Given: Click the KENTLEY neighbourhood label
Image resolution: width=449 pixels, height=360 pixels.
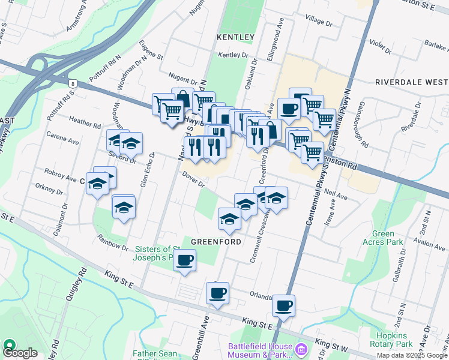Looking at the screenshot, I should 236,37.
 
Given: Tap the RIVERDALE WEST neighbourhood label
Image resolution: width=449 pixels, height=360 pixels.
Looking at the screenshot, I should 411,82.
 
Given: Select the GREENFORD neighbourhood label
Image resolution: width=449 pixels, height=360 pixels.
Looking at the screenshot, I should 216,242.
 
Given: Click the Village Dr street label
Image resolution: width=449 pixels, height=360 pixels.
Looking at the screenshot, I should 319,21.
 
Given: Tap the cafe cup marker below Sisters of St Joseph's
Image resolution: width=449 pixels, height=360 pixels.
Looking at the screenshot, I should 185,261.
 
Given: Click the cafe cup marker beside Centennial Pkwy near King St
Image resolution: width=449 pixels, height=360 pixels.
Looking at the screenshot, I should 283,305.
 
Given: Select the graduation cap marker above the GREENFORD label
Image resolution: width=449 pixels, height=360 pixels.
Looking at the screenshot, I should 229,220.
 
